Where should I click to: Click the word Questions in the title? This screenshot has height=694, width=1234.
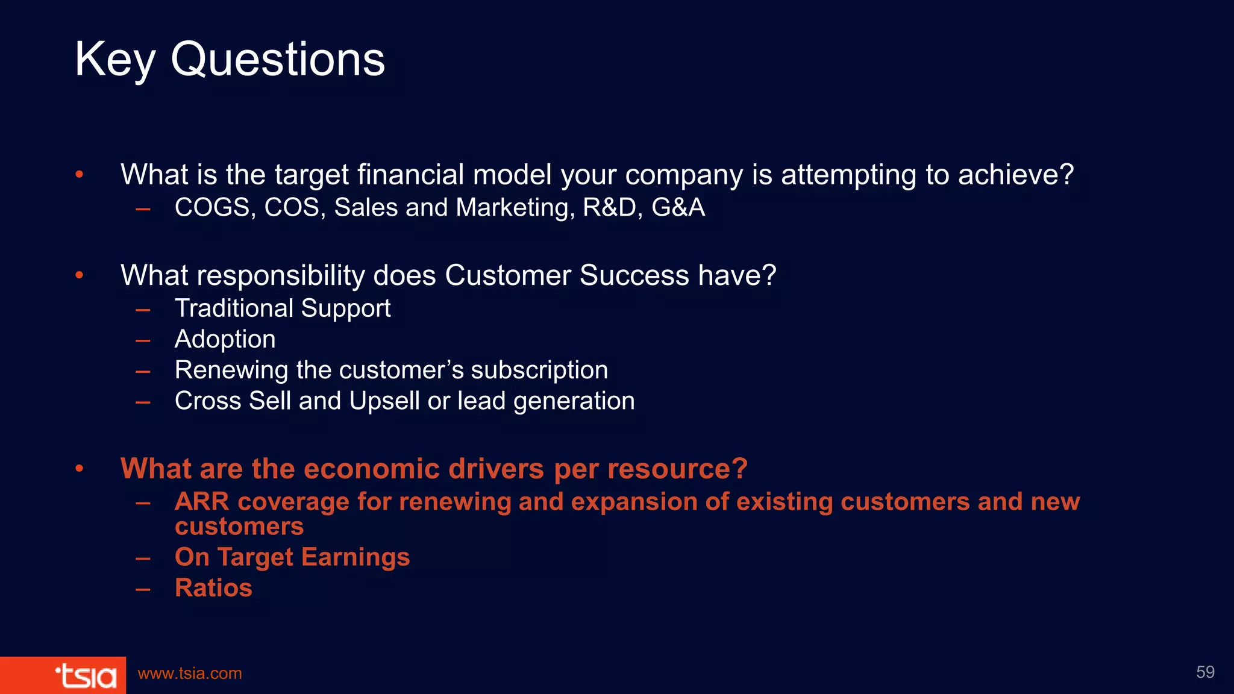(x=278, y=60)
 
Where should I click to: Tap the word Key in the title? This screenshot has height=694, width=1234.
(x=115, y=60)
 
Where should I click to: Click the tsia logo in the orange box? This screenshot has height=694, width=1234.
(x=86, y=675)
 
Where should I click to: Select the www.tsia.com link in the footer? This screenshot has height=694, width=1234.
(x=190, y=674)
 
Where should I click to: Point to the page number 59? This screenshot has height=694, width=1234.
(x=1205, y=672)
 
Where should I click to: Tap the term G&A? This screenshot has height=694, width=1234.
(x=678, y=208)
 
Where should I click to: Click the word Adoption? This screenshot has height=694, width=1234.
(x=225, y=340)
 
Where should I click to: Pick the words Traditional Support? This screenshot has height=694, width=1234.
(x=283, y=308)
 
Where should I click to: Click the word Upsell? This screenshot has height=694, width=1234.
(x=384, y=401)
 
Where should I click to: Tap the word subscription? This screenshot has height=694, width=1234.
(x=539, y=370)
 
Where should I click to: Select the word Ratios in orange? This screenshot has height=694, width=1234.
(x=213, y=588)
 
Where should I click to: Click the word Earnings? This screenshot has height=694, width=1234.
(x=355, y=557)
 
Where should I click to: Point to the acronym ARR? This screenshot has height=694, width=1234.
(x=202, y=502)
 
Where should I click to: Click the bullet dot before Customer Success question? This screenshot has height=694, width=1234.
(x=80, y=275)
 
